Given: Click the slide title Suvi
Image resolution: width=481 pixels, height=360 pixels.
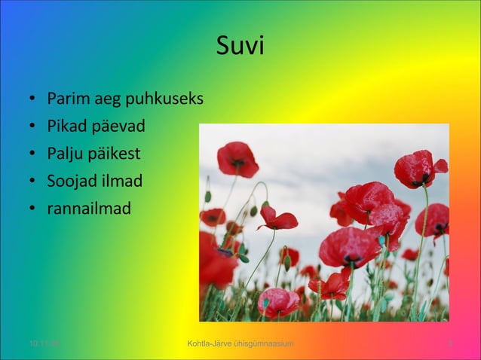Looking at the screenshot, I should [240, 47].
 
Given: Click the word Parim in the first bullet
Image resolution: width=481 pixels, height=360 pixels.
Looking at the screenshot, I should [66, 99].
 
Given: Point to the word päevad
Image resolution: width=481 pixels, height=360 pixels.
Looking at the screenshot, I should [118, 127].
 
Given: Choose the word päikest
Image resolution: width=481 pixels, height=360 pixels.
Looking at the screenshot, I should [115, 154].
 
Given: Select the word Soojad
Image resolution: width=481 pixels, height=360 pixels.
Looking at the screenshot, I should [73, 181].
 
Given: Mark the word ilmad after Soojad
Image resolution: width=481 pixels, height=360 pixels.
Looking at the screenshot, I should [123, 181].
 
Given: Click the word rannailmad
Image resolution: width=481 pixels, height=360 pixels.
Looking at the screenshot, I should [89, 208].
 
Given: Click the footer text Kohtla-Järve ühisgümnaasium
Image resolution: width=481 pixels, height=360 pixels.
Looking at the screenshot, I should [240, 344].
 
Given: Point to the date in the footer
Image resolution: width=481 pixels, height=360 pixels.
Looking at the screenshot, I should [44, 344].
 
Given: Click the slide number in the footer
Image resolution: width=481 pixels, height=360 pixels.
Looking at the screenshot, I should [450, 344].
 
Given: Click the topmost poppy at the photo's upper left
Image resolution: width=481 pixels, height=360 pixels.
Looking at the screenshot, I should [237, 158].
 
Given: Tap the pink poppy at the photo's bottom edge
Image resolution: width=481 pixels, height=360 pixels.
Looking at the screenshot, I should [277, 301].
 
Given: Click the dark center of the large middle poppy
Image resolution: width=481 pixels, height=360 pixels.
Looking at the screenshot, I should [352, 258].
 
